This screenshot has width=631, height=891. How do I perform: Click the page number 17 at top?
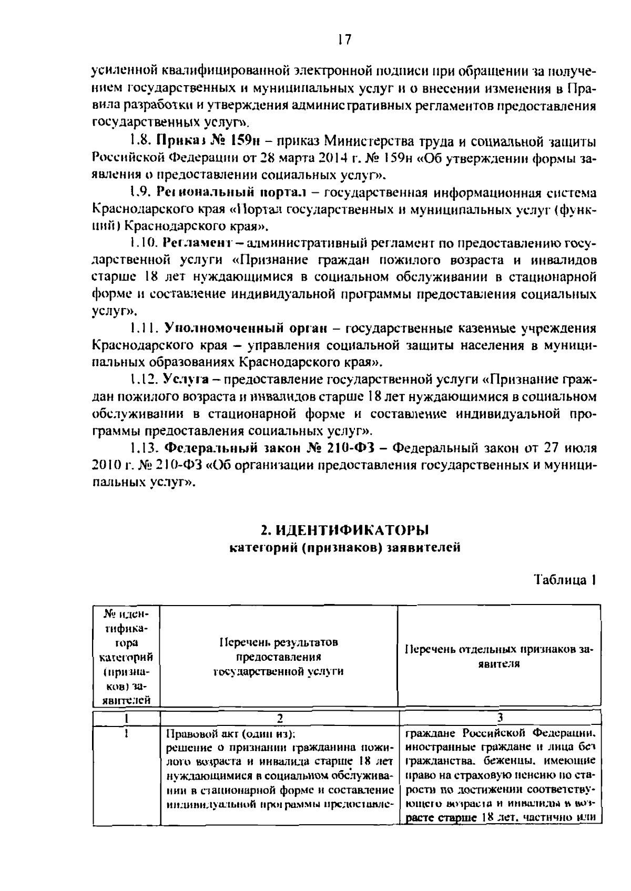[344, 40]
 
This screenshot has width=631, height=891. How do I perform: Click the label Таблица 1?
[565, 580]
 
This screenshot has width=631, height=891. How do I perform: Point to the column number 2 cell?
[280, 718]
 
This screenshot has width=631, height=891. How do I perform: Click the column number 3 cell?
[500, 718]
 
